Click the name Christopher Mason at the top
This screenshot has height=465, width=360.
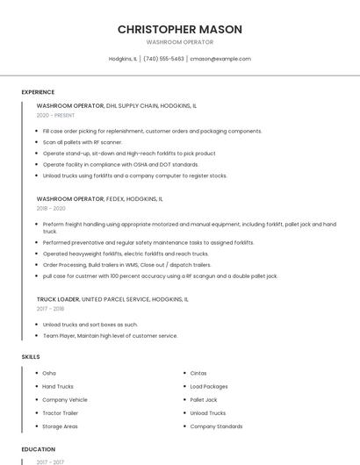(179, 29)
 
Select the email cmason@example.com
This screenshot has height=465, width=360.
(220, 59)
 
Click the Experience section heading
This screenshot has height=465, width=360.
(38, 92)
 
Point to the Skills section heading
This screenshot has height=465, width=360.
(31, 357)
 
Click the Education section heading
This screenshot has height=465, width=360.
(38, 449)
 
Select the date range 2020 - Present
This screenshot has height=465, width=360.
(55, 115)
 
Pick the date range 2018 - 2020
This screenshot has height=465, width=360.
(51, 209)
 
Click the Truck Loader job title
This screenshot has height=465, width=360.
(58, 299)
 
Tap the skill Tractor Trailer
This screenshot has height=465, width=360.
(60, 413)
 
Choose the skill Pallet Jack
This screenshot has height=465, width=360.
(204, 399)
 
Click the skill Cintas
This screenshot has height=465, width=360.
(198, 373)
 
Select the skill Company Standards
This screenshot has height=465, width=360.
(216, 426)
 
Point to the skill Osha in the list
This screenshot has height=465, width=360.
(49, 373)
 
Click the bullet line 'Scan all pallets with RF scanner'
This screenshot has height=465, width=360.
(83, 142)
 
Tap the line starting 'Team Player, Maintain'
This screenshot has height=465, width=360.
(110, 335)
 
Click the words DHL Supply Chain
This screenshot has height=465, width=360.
(133, 105)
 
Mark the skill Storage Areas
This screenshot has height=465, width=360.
(60, 426)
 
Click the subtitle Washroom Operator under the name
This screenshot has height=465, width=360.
(179, 42)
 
